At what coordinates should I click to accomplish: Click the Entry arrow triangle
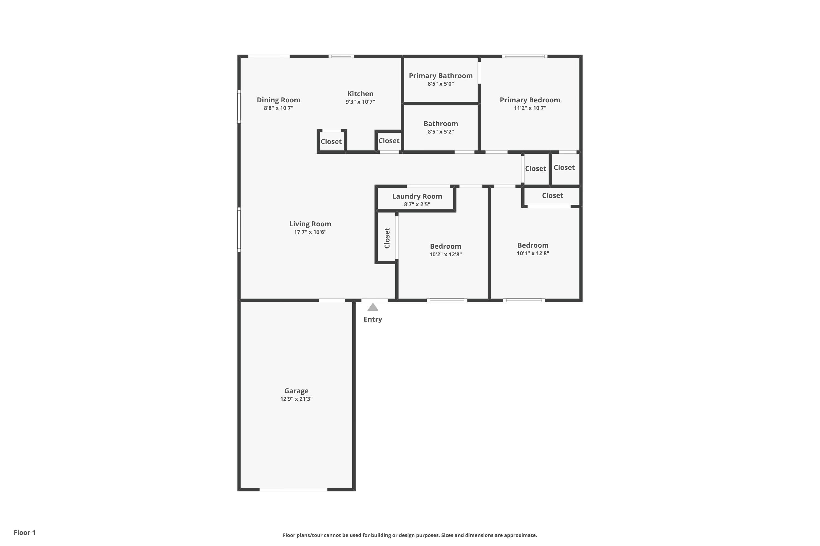373,307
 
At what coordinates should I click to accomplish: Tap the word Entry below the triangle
373,319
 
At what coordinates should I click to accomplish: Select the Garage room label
296,391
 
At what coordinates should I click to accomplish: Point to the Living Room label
310,224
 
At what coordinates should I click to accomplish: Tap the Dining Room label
278,100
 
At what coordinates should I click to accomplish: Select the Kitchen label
360,94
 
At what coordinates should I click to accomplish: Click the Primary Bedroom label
530,100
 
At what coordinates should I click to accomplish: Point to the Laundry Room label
417,196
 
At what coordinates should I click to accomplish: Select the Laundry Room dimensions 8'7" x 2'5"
417,204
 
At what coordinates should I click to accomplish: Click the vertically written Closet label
387,238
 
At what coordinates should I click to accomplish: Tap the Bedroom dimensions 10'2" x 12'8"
446,254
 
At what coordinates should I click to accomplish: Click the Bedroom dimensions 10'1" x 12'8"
533,254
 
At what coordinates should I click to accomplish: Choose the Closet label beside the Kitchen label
389,141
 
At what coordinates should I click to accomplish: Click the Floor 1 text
24,532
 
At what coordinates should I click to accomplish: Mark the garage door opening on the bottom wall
293,489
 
